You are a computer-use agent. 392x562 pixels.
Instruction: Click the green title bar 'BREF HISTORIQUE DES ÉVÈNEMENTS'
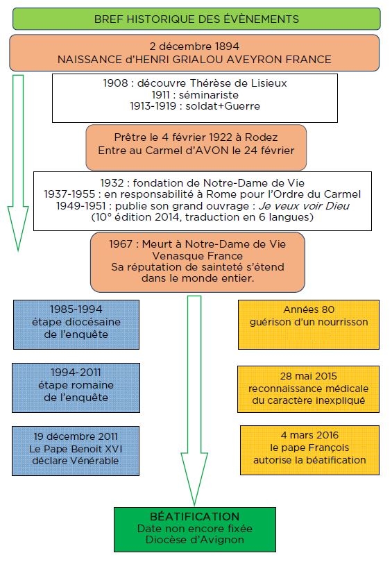click(196, 19)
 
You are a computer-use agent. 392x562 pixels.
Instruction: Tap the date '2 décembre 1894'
click(194, 46)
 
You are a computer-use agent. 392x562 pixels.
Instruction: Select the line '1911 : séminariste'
click(195, 94)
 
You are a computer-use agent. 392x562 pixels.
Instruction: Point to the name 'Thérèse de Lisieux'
click(238, 83)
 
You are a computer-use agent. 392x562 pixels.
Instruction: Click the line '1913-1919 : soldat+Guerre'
click(195, 106)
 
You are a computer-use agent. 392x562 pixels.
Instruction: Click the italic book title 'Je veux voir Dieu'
click(304, 206)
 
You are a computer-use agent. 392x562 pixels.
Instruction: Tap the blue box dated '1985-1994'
click(76, 325)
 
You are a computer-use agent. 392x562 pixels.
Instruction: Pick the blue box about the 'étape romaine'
click(76, 388)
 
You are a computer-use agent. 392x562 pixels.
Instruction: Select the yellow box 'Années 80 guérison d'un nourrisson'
click(309, 325)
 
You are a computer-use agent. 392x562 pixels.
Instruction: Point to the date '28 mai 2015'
click(309, 376)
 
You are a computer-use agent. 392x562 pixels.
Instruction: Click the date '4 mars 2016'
click(309, 435)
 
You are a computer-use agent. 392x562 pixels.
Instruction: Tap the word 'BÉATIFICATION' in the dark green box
click(194, 516)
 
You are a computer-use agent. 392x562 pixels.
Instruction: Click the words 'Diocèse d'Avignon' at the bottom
click(194, 539)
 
